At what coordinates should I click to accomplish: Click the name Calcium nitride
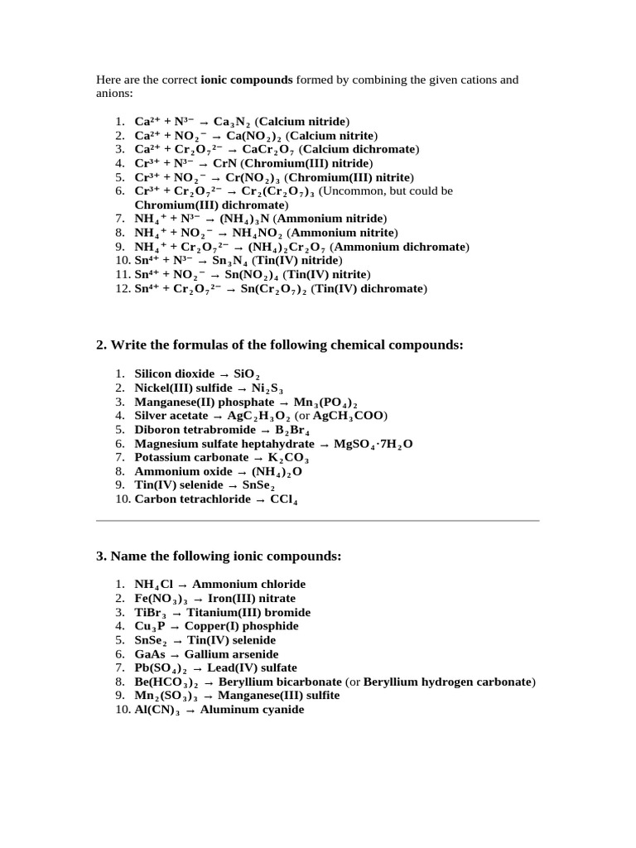coord(304,121)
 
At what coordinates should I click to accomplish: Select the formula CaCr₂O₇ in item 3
coord(268,149)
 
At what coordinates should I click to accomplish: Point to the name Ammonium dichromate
coord(400,247)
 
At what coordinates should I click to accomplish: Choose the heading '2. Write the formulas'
coord(280,344)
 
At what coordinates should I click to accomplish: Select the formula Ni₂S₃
coord(267,388)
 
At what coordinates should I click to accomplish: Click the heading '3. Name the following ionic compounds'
coord(219,556)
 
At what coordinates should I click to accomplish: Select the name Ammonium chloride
coord(248,584)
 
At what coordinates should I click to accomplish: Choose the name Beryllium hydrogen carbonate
coord(447,682)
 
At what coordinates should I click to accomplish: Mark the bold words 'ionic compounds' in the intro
coord(247,80)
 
